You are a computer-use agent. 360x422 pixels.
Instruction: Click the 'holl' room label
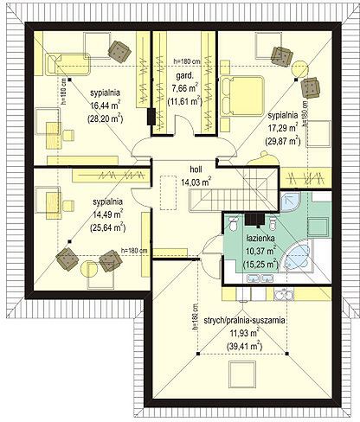(x=196, y=169)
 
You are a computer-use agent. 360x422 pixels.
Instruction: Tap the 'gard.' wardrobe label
(x=184, y=76)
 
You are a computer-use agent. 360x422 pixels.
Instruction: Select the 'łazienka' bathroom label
(x=260, y=239)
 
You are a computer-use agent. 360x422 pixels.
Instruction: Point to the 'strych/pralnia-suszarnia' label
(x=244, y=320)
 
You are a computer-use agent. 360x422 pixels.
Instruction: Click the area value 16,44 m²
(x=106, y=105)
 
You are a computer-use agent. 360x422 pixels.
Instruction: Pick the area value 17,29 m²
(x=283, y=128)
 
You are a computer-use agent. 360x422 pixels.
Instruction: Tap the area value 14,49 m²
(x=108, y=214)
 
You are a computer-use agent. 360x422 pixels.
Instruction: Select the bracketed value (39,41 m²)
(x=244, y=345)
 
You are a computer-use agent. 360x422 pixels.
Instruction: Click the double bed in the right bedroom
(x=242, y=96)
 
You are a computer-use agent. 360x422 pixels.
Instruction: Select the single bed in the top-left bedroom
(x=67, y=64)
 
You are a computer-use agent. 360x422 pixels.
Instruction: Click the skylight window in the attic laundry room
(x=242, y=374)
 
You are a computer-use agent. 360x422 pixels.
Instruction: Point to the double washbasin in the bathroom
(x=260, y=278)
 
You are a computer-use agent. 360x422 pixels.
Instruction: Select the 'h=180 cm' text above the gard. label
(x=187, y=61)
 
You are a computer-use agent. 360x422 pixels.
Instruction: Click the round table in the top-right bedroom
(x=300, y=69)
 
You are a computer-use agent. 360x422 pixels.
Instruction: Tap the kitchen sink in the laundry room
(x=284, y=295)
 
